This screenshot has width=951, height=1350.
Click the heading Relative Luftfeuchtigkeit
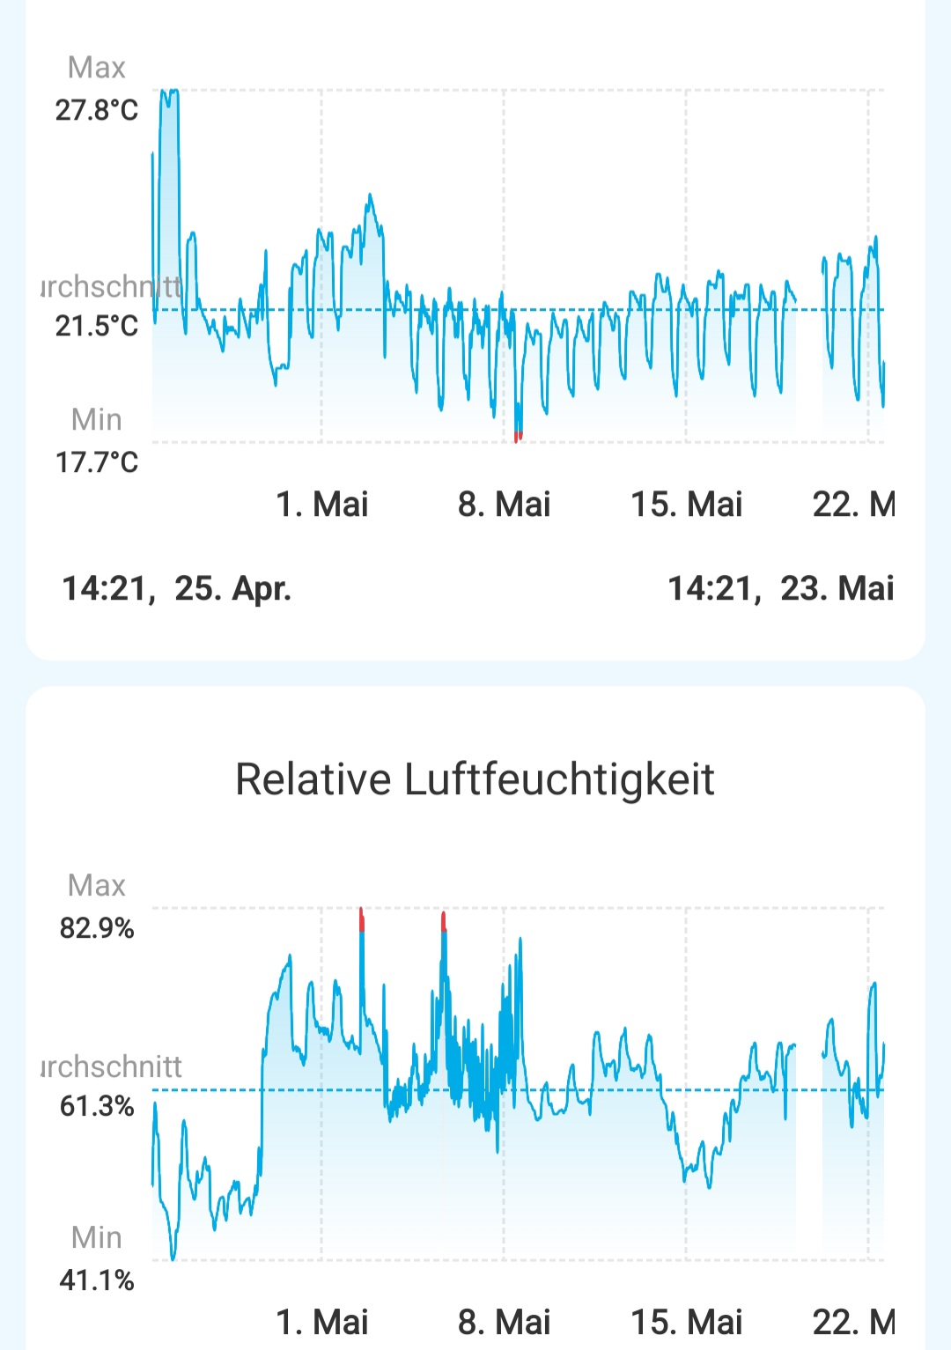click(x=475, y=779)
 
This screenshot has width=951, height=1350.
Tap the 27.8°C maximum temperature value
click(x=97, y=110)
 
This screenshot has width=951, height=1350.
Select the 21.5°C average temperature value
click(x=97, y=326)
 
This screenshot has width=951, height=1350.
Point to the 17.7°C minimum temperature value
click(x=97, y=461)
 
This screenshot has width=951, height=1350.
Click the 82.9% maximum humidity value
click(x=97, y=928)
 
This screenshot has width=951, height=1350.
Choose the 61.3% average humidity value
click(x=97, y=1105)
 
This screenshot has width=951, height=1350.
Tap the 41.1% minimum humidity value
click(x=97, y=1280)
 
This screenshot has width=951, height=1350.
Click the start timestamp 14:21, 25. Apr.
click(x=176, y=588)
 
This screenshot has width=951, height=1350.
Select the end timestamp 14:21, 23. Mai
click(x=780, y=588)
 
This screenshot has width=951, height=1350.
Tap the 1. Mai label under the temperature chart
click(x=322, y=505)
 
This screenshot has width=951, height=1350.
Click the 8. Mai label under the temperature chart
click(x=504, y=505)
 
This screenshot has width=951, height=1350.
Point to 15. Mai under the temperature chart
click(x=686, y=505)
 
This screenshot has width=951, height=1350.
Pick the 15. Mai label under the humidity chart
click(x=686, y=1322)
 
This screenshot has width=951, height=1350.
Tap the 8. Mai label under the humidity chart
click(x=504, y=1322)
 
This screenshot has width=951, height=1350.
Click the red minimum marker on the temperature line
click(x=518, y=437)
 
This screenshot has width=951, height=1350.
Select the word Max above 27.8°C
click(x=97, y=68)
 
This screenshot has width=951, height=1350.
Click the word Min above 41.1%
click(x=97, y=1237)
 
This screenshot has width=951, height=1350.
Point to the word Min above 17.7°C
click(x=97, y=419)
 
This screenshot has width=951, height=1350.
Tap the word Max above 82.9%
click(x=97, y=885)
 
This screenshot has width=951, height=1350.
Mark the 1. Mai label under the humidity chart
click(x=322, y=1322)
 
